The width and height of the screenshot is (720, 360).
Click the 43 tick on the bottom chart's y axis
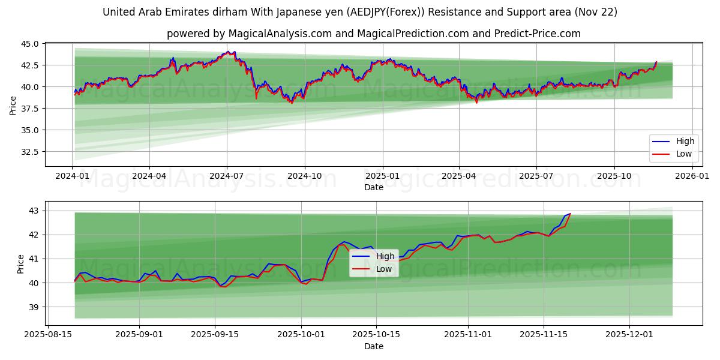(34, 211)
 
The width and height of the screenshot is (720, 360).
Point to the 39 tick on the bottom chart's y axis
(34, 307)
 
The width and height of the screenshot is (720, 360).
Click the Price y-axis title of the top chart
(13, 105)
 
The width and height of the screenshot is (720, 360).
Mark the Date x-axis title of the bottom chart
(374, 346)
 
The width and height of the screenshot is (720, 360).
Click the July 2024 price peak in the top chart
(227, 52)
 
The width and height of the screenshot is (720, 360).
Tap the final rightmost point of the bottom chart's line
(570, 214)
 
